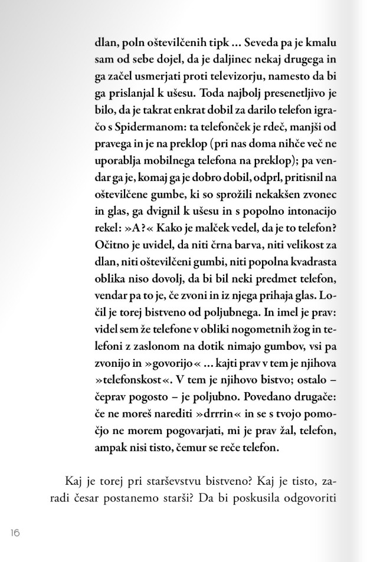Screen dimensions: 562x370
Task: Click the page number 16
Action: [15, 533]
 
